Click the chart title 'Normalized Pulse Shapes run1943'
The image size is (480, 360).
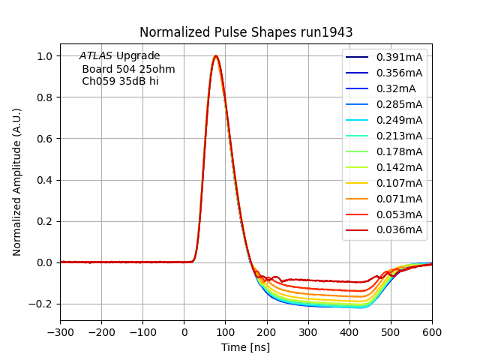tap(246, 32)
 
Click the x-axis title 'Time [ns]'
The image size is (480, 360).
tap(245, 347)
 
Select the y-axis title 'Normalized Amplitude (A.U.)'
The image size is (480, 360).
tap(17, 181)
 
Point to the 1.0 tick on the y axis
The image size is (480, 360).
tap(46, 56)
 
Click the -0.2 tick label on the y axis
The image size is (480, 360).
tap(42, 304)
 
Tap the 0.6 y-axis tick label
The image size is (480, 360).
tap(46, 139)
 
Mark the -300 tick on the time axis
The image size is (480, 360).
tap(61, 331)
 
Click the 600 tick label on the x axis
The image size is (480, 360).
tap(432, 331)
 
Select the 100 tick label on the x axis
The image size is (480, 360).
tap(226, 331)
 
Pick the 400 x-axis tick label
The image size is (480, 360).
tap(349, 331)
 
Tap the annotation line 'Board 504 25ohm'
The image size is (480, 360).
tap(128, 69)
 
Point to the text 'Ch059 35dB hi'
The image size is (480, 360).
tap(120, 81)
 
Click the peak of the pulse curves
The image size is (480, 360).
tap(216, 56)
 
